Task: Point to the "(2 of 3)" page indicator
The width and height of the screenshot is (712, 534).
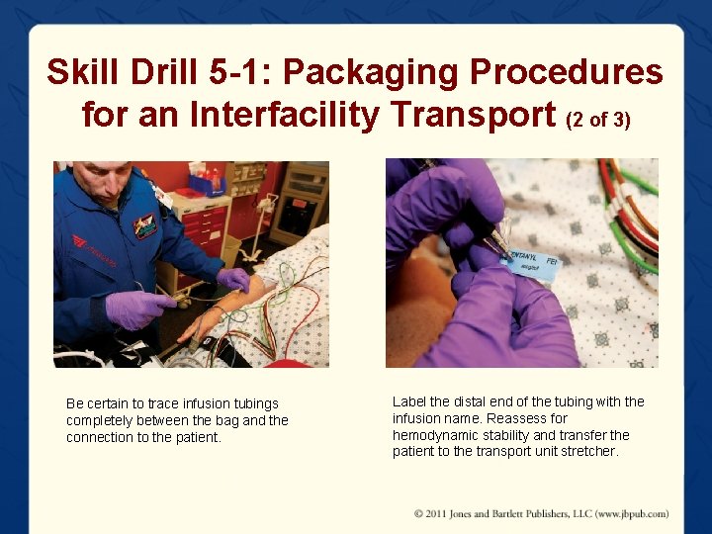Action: coord(597,119)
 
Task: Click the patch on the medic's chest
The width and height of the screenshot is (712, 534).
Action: coord(145,225)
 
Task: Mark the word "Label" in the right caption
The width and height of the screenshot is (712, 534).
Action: coord(409,401)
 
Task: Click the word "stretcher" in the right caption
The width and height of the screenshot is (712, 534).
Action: coord(589,452)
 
